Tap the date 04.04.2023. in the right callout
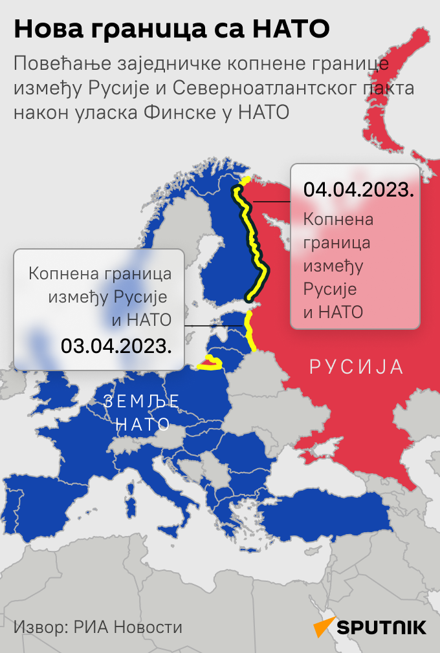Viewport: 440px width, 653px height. pos(358,190)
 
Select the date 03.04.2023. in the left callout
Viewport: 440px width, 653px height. pos(116,345)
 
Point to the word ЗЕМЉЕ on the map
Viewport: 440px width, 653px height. pos(142,402)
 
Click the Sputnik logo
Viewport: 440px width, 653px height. pos(370,626)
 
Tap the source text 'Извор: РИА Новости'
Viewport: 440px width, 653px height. pos(98,626)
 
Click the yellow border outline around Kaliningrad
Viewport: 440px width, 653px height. pos(210,364)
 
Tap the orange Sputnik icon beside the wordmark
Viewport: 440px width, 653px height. pos(324,626)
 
